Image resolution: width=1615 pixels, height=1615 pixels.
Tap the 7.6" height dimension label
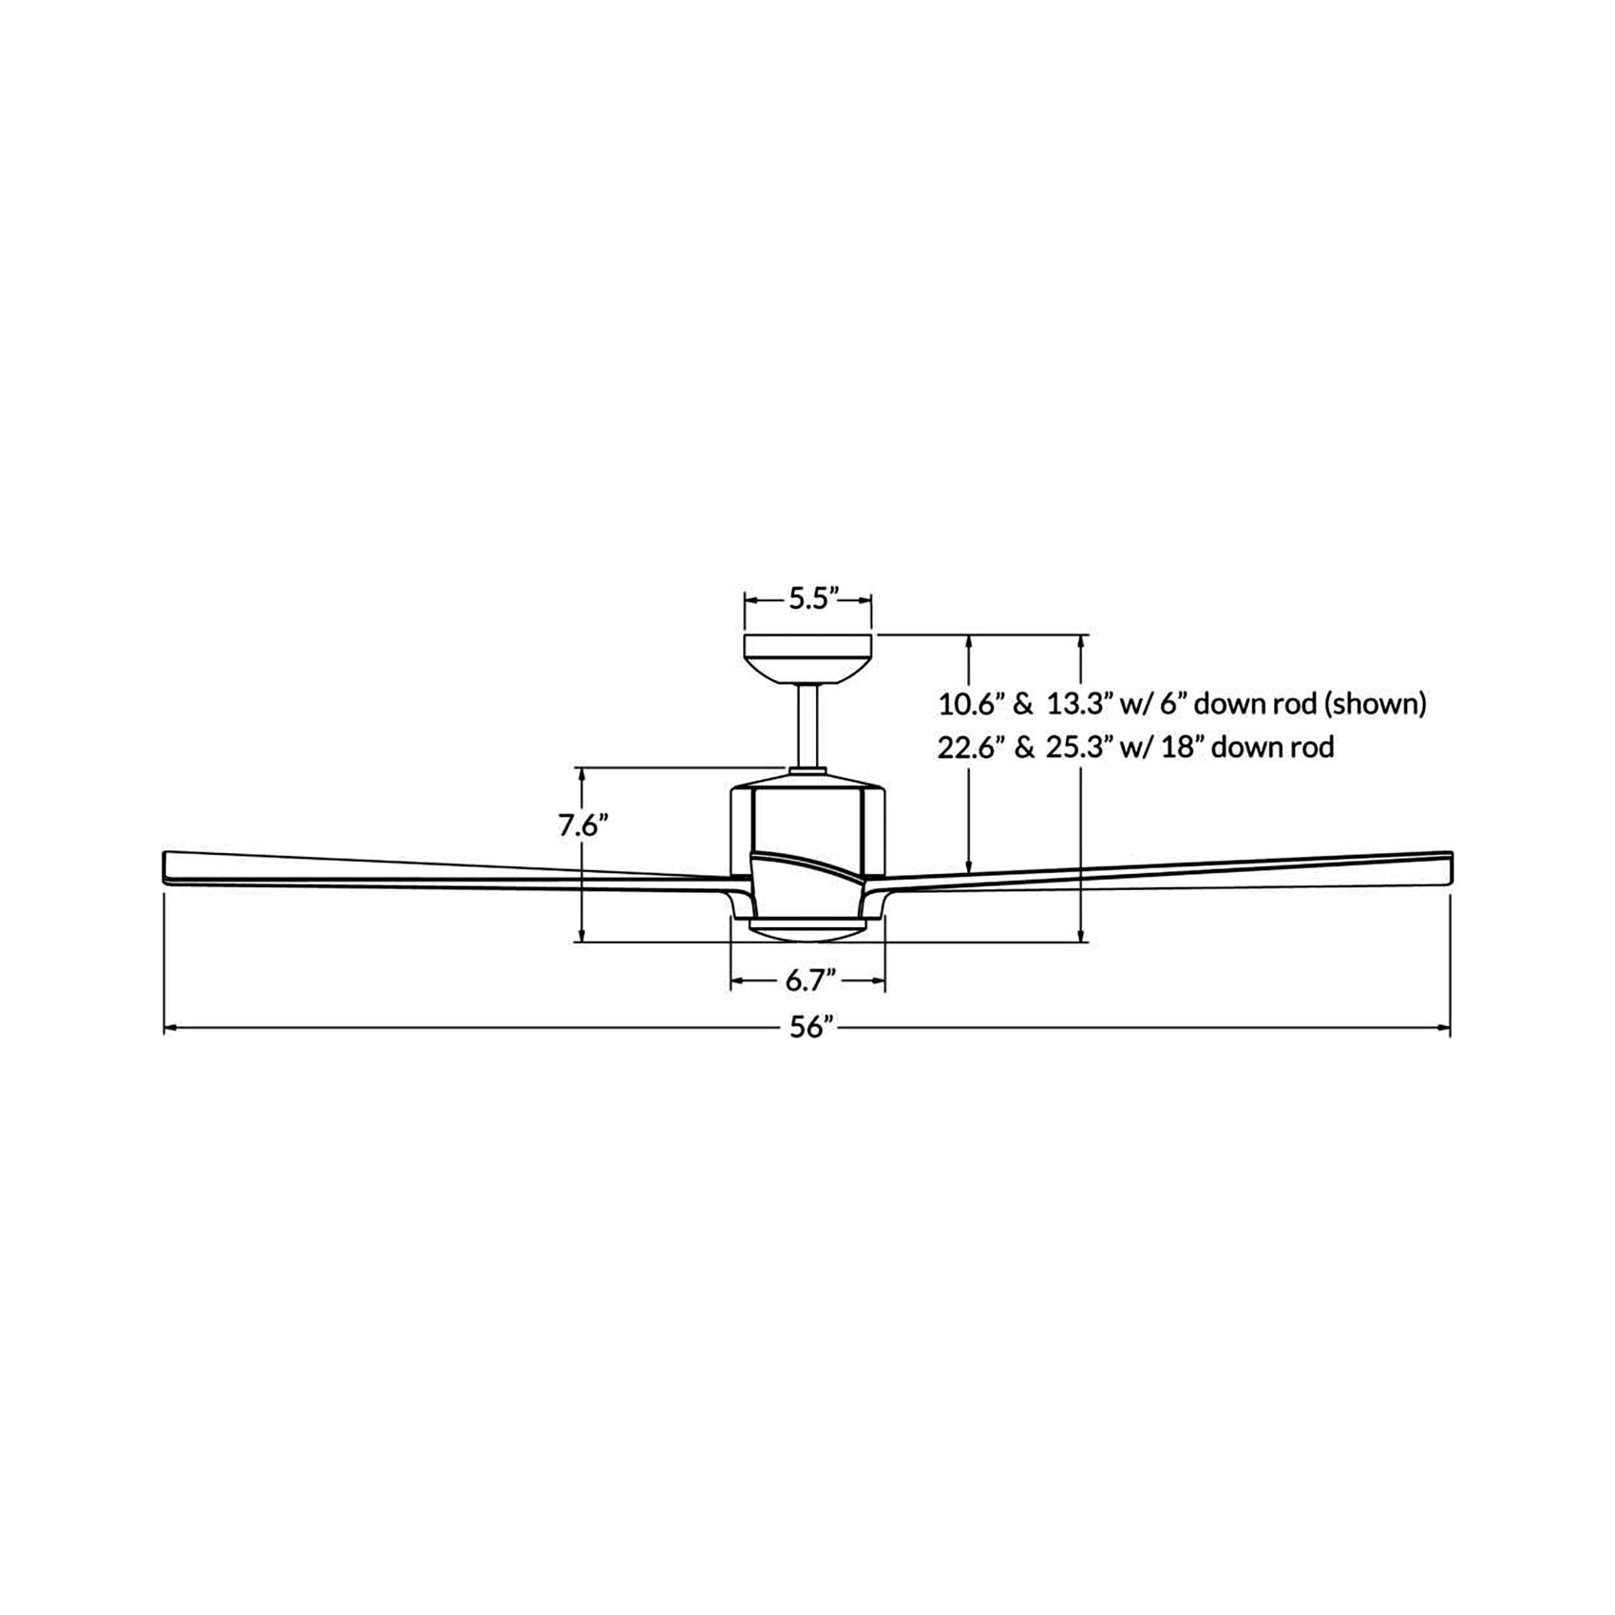[x=582, y=826]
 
